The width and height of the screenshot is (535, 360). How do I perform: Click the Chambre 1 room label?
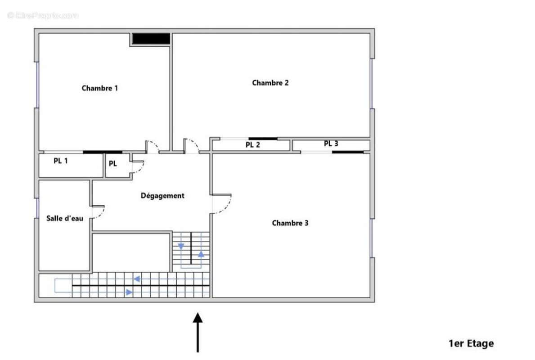[99, 88]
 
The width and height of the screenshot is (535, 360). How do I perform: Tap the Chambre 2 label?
[270, 83]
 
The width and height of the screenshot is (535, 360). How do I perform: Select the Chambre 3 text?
[290, 223]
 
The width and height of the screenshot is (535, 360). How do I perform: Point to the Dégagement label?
[162, 196]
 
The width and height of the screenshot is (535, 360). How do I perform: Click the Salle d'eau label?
[65, 218]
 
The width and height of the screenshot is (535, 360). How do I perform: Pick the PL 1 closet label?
[61, 160]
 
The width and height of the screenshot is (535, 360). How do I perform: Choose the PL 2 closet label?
[253, 145]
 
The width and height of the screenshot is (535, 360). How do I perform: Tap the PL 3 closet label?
[331, 144]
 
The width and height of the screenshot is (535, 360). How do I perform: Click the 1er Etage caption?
[471, 343]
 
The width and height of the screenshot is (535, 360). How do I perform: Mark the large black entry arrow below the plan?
[198, 333]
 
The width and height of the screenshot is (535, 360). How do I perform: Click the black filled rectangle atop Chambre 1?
[151, 39]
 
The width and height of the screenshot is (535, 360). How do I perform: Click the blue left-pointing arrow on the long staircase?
[137, 279]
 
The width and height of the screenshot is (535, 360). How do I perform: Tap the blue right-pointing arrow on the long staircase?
[129, 292]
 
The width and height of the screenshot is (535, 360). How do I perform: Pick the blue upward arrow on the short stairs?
[201, 254]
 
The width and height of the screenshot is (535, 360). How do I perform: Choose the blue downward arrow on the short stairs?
[181, 246]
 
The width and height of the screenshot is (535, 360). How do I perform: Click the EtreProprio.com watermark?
[43, 15]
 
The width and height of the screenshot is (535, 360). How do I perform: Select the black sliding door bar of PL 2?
[263, 139]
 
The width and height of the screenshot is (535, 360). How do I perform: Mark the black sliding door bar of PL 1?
[102, 152]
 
